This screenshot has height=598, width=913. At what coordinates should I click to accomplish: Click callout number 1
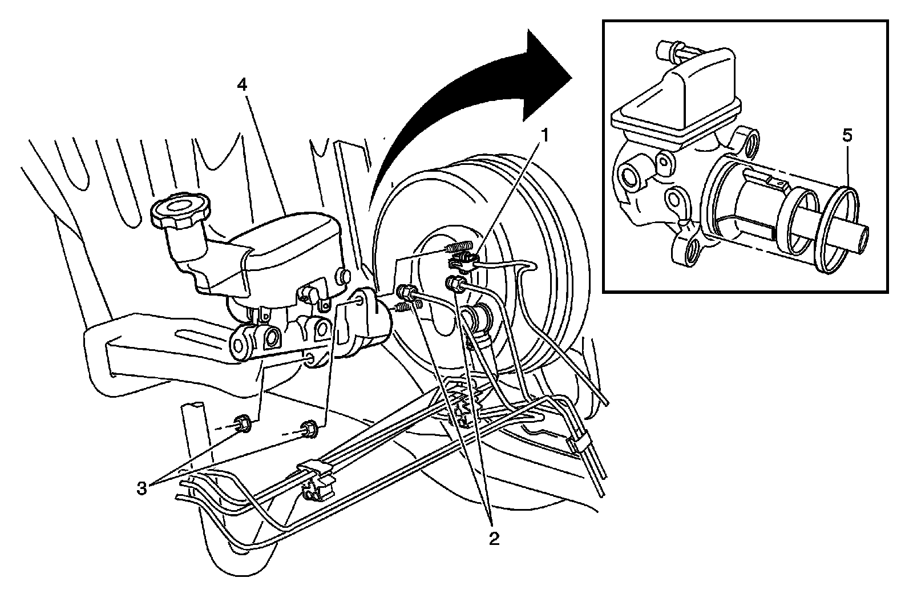546,135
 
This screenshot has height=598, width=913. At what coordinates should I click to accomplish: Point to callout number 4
242,85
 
